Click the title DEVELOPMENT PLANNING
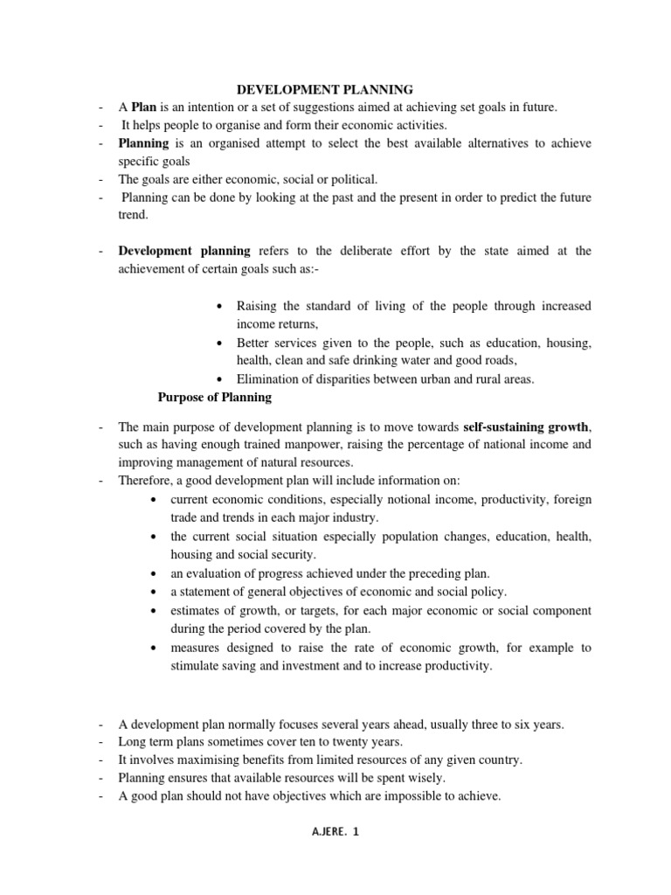326,89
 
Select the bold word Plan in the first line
145,108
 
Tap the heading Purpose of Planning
214,398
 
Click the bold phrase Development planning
184,251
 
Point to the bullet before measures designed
154,649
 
